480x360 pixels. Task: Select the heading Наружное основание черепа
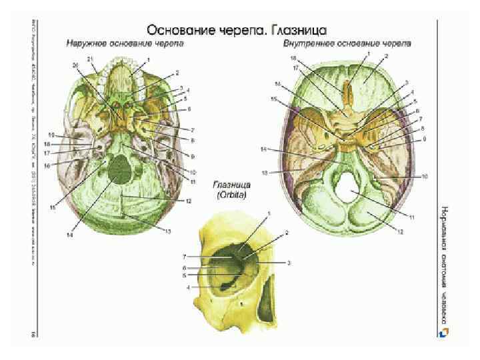point(125,45)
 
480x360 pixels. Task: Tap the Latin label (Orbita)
point(227,196)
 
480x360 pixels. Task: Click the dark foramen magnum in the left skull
point(120,170)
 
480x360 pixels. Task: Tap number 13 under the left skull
point(167,230)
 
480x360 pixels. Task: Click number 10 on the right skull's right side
point(424,177)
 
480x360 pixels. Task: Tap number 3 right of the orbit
point(289,263)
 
